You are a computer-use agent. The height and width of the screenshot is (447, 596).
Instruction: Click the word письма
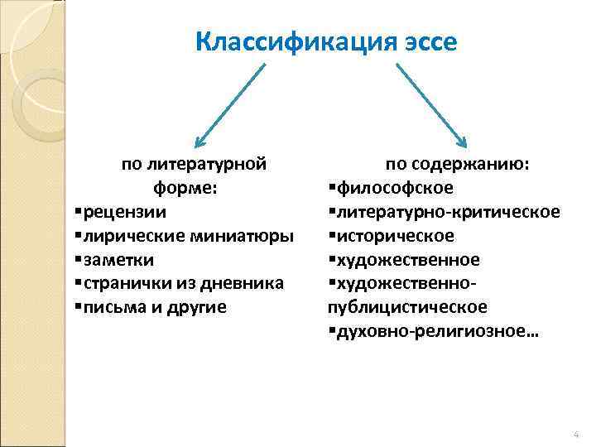104,307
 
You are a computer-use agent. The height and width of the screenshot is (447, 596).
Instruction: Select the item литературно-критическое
448,212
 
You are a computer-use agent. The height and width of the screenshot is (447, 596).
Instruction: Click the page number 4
576,435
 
